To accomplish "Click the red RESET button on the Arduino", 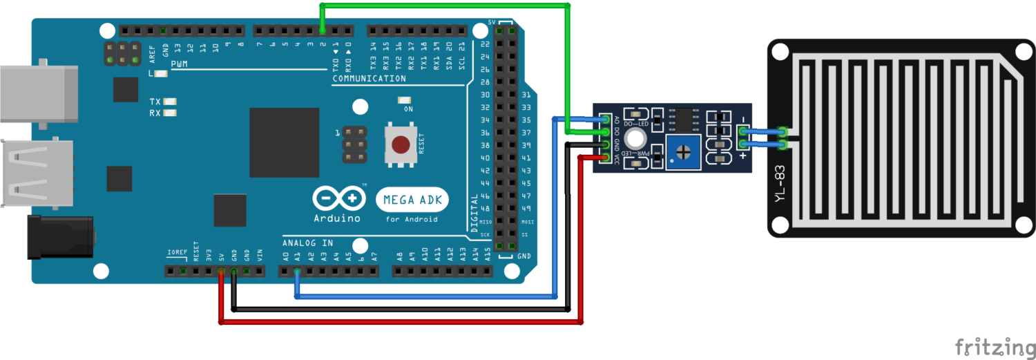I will point(400,144).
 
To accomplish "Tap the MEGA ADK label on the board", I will point(412,200).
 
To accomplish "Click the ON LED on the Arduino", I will point(403,100).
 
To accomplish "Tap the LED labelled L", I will point(162,73).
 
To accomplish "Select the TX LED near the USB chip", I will point(170,102).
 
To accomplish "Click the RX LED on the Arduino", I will point(170,113).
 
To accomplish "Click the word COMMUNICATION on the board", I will point(369,79).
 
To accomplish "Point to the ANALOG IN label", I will point(307,243).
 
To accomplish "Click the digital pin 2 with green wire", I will point(323,30).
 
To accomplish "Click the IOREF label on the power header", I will point(177,252).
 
